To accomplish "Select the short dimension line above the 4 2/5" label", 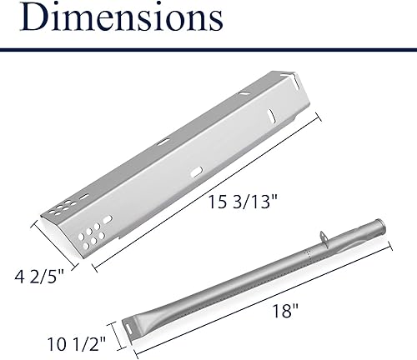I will coord(54,238).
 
